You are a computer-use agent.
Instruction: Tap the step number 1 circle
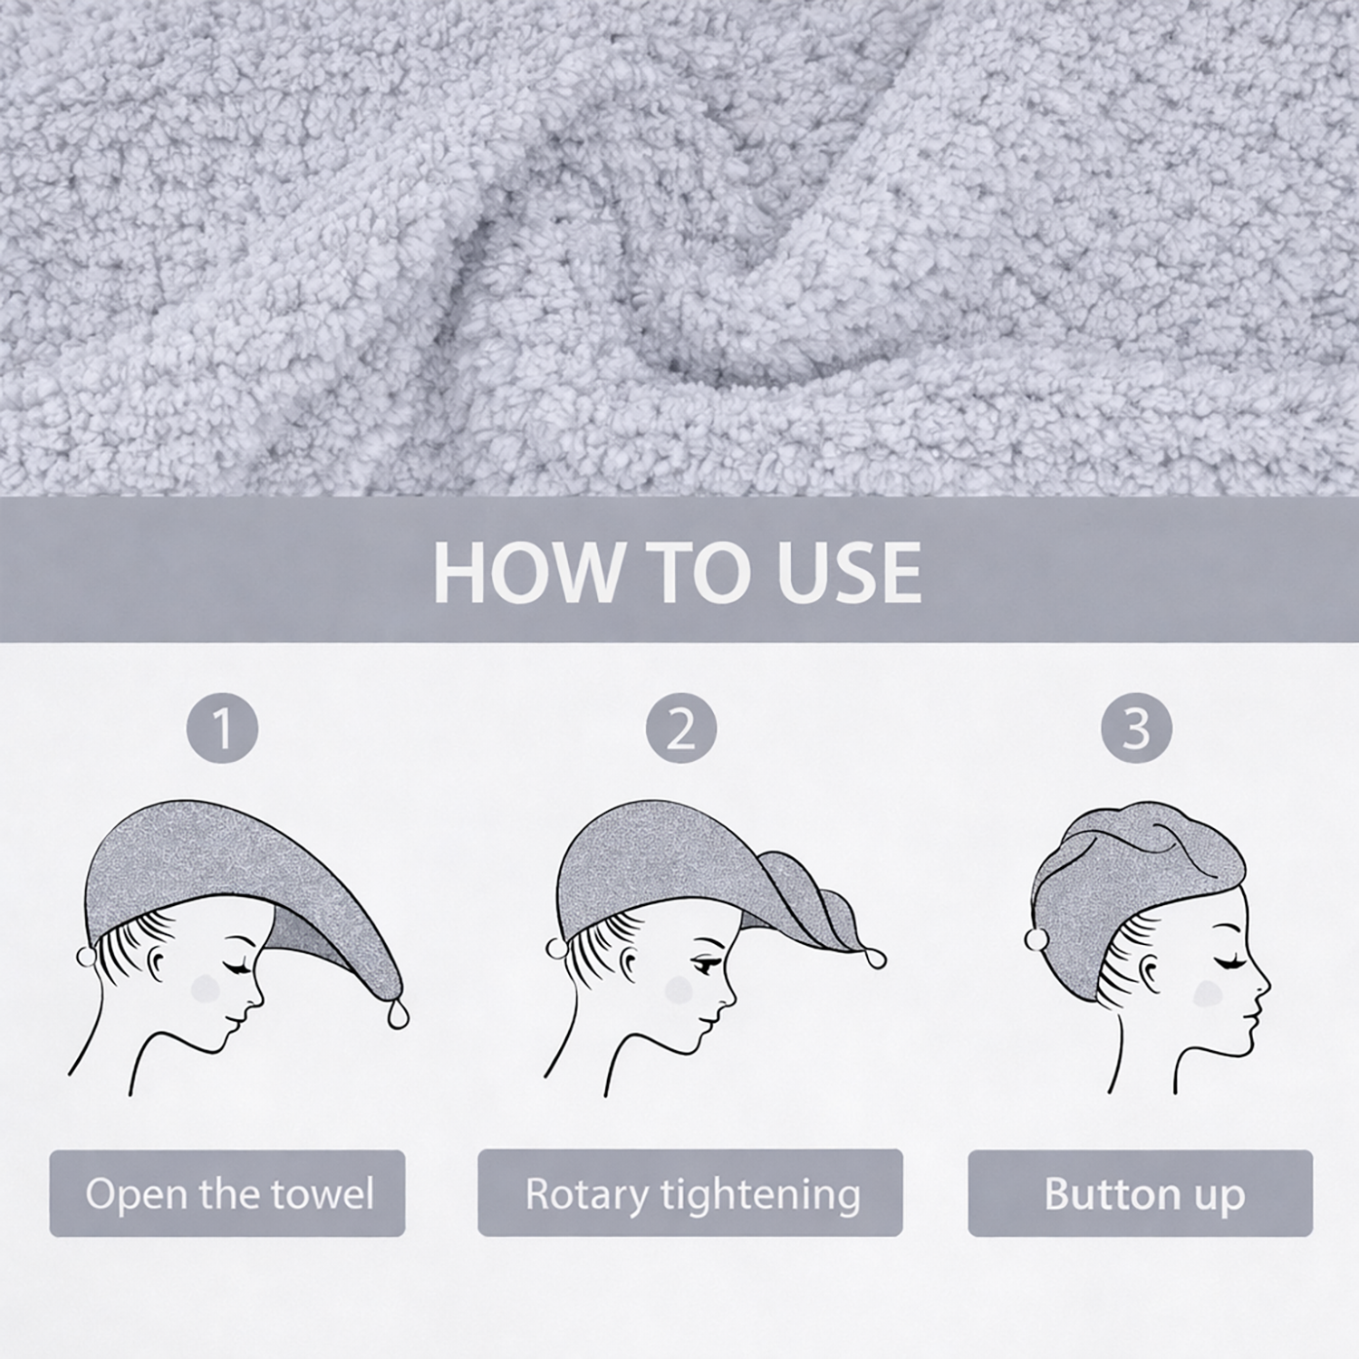pos(222,728)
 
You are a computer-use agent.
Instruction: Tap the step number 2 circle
pos(681,728)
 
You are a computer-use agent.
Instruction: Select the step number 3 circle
pos(1136,728)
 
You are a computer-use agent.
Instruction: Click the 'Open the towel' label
pos(227,1193)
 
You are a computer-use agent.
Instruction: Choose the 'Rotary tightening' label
pos(690,1193)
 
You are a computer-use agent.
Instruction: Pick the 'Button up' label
pos(1141,1193)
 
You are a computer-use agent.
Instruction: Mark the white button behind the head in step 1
pos(85,956)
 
